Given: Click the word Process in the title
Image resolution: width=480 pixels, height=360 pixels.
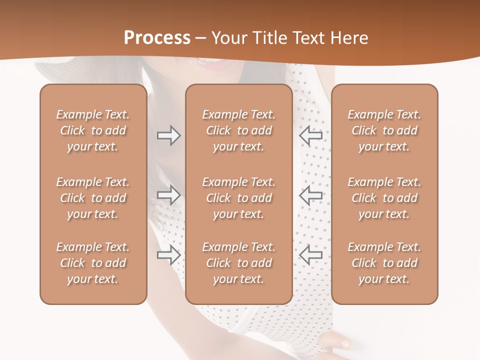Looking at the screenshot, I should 157,38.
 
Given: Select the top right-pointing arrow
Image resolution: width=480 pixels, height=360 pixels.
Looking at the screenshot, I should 169,135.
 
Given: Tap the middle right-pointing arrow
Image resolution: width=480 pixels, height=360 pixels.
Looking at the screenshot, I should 169,195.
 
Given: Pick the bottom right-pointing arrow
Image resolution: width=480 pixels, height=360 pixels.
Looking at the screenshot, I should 169,255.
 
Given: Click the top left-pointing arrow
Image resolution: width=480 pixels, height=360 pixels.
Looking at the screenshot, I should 311,135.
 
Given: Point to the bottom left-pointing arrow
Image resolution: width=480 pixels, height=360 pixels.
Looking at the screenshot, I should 311,255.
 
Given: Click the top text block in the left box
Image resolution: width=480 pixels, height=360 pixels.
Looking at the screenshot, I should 93,130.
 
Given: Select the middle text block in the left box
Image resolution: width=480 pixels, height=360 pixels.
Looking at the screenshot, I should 93,198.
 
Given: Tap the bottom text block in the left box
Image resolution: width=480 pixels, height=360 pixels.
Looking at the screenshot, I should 93,263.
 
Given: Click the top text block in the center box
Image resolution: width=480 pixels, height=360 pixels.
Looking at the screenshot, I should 238,130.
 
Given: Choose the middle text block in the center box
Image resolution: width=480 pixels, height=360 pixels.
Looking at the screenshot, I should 238,198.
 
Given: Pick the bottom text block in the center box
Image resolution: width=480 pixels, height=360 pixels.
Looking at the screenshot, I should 238,263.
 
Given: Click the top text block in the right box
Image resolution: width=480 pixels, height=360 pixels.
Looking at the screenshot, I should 384,130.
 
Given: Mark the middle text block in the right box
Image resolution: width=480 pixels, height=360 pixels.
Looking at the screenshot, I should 384,198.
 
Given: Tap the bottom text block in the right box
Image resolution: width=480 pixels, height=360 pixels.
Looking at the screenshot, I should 384,263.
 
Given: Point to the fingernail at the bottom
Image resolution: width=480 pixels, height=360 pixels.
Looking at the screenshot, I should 345,344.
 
